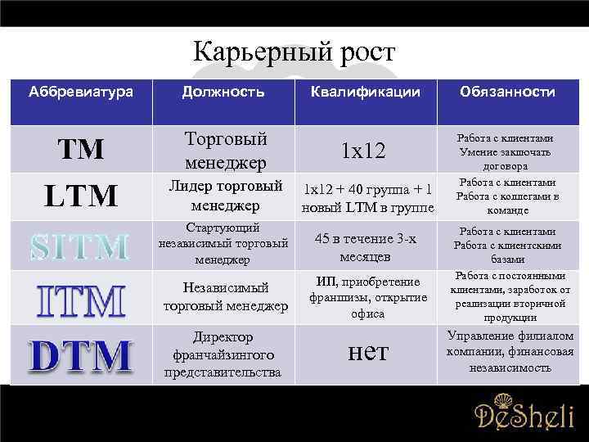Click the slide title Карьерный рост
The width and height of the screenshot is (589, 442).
(x=294, y=53)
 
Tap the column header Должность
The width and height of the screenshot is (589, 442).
(x=223, y=92)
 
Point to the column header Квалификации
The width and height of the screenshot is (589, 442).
(x=365, y=92)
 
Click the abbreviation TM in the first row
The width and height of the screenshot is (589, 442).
(x=80, y=149)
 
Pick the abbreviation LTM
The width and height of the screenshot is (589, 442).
(x=81, y=195)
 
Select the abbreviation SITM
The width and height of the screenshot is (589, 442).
(x=80, y=246)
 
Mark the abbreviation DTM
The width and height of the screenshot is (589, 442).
(x=80, y=355)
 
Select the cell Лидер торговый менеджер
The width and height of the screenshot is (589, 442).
(x=224, y=195)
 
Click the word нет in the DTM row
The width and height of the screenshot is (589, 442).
(x=368, y=351)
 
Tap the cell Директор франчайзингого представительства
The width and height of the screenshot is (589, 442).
(x=223, y=354)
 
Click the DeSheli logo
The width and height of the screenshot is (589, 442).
(x=524, y=413)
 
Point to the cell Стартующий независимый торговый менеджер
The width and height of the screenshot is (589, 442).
(x=223, y=244)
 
